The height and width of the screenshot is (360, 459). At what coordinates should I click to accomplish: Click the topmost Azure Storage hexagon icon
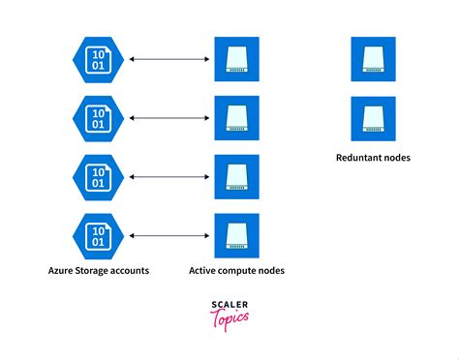[98, 60]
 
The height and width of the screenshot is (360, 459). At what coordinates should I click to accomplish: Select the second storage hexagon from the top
[98, 118]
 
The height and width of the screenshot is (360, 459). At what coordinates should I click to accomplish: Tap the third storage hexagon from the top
[98, 176]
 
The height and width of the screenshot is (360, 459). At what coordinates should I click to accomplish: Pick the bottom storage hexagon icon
[98, 234]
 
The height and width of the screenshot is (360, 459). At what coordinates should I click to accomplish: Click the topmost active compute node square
[236, 60]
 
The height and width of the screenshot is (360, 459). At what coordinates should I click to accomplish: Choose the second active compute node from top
[236, 118]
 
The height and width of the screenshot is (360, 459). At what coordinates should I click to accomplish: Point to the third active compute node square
[236, 176]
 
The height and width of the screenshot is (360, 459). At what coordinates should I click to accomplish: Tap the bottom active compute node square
[236, 234]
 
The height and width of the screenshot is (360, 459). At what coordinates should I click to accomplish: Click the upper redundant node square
[373, 60]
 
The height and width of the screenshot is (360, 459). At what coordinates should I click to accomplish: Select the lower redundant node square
[373, 118]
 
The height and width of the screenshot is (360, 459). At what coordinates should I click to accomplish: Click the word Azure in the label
[63, 270]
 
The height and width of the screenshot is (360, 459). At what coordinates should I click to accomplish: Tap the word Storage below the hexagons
[98, 271]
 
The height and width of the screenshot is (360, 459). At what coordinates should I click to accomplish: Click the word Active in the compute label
[205, 270]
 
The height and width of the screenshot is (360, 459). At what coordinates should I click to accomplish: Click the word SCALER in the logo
[229, 305]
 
